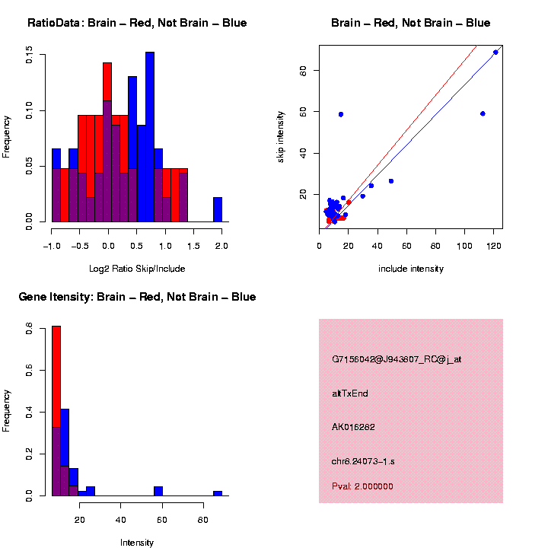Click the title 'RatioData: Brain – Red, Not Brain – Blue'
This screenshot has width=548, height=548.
click(137, 23)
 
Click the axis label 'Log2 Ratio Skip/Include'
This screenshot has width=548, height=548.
click(137, 269)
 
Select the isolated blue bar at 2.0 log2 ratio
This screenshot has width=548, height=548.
click(218, 209)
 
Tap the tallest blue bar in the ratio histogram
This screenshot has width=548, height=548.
click(150, 137)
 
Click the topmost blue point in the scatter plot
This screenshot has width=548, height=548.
click(495, 52)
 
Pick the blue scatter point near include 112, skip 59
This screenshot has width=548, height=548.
click(483, 113)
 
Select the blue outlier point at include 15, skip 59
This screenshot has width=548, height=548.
click(341, 114)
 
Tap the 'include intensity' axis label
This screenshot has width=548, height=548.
click(411, 269)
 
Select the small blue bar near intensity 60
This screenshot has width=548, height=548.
click(158, 491)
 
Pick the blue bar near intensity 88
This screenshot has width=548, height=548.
click(218, 493)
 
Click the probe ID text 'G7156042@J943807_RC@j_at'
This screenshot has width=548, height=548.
click(397, 359)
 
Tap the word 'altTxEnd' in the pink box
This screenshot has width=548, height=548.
click(350, 393)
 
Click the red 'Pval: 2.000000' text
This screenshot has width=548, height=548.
click(363, 486)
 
